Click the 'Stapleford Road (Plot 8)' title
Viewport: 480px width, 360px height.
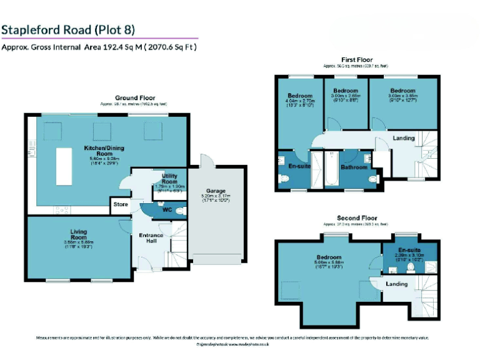(x=67, y=29)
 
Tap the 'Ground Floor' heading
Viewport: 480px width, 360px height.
(x=135, y=98)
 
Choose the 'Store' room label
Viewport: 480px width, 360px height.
(x=120, y=204)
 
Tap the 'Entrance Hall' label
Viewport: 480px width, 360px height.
(x=151, y=239)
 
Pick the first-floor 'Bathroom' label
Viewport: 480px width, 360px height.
(x=353, y=167)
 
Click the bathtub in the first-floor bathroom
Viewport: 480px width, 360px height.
(x=329, y=169)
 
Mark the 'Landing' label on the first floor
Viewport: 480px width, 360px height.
(x=403, y=138)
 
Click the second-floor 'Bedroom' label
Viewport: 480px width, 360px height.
(x=328, y=257)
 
